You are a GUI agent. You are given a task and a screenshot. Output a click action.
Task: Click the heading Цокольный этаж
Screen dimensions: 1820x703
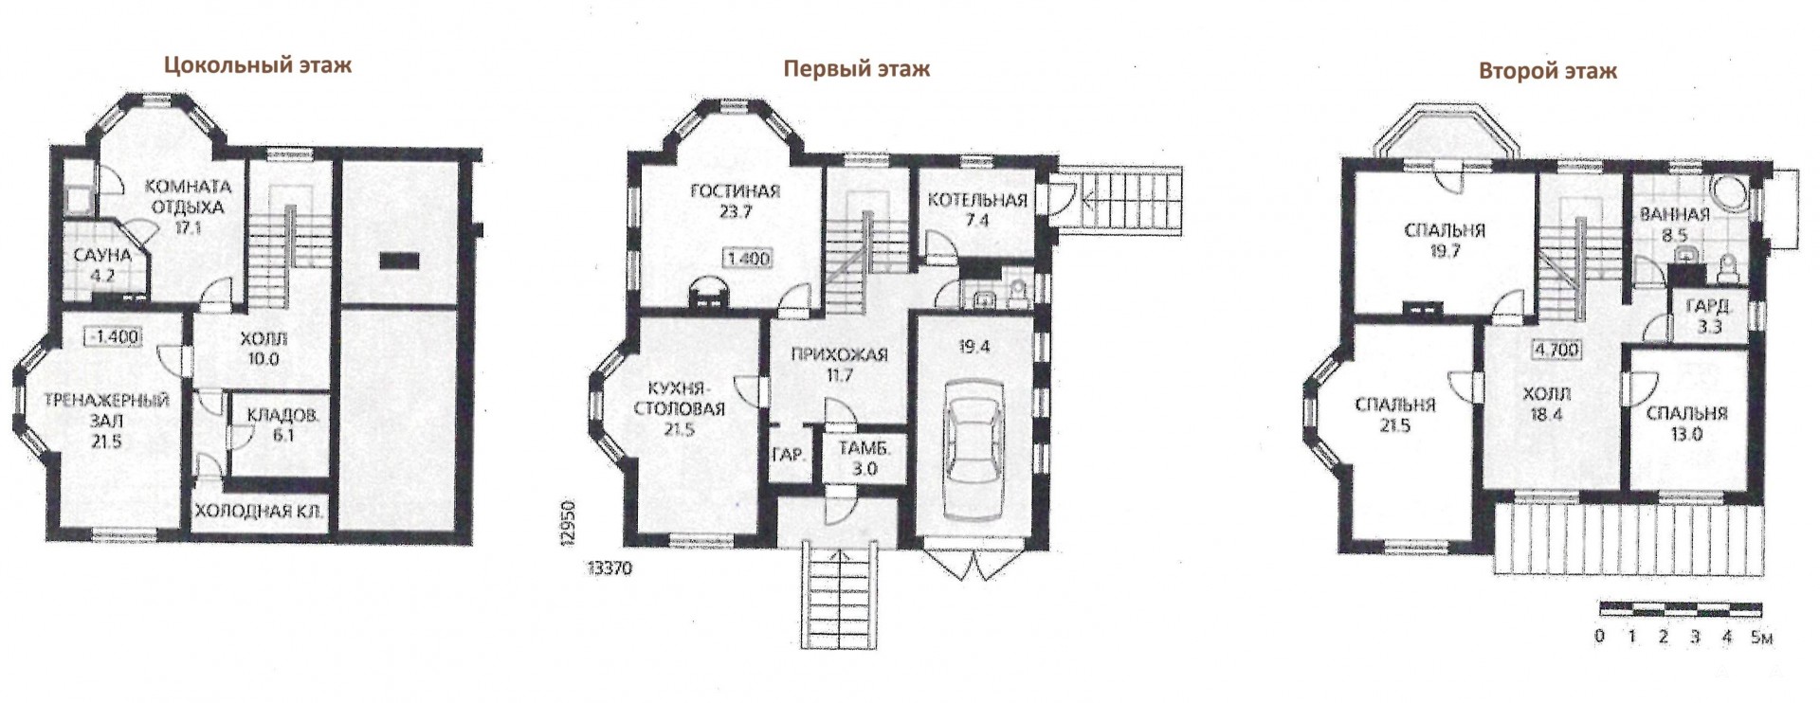click(x=258, y=65)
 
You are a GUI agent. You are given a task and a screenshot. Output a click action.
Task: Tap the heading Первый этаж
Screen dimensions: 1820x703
click(x=856, y=68)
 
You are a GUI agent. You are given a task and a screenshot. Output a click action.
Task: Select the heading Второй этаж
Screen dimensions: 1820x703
click(x=1548, y=70)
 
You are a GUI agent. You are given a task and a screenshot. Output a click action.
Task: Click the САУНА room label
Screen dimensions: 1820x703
click(x=102, y=256)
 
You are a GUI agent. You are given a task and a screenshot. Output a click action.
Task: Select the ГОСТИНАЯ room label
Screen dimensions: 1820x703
click(x=736, y=191)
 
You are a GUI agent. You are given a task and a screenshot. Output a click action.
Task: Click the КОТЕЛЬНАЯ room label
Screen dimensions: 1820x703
click(x=977, y=200)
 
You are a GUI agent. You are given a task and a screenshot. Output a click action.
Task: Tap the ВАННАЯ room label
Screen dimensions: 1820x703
click(x=1675, y=214)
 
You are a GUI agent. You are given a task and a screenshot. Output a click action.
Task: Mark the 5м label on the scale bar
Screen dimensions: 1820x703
click(x=1762, y=637)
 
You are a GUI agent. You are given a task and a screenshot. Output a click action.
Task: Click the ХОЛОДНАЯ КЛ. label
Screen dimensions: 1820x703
click(x=260, y=513)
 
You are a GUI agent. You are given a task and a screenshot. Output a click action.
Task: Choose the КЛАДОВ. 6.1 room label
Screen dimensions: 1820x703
click(x=283, y=425)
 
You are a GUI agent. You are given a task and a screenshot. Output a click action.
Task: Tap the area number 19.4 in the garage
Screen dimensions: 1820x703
click(x=974, y=347)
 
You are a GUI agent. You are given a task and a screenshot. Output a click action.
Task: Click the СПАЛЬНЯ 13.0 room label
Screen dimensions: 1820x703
click(x=1686, y=424)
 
